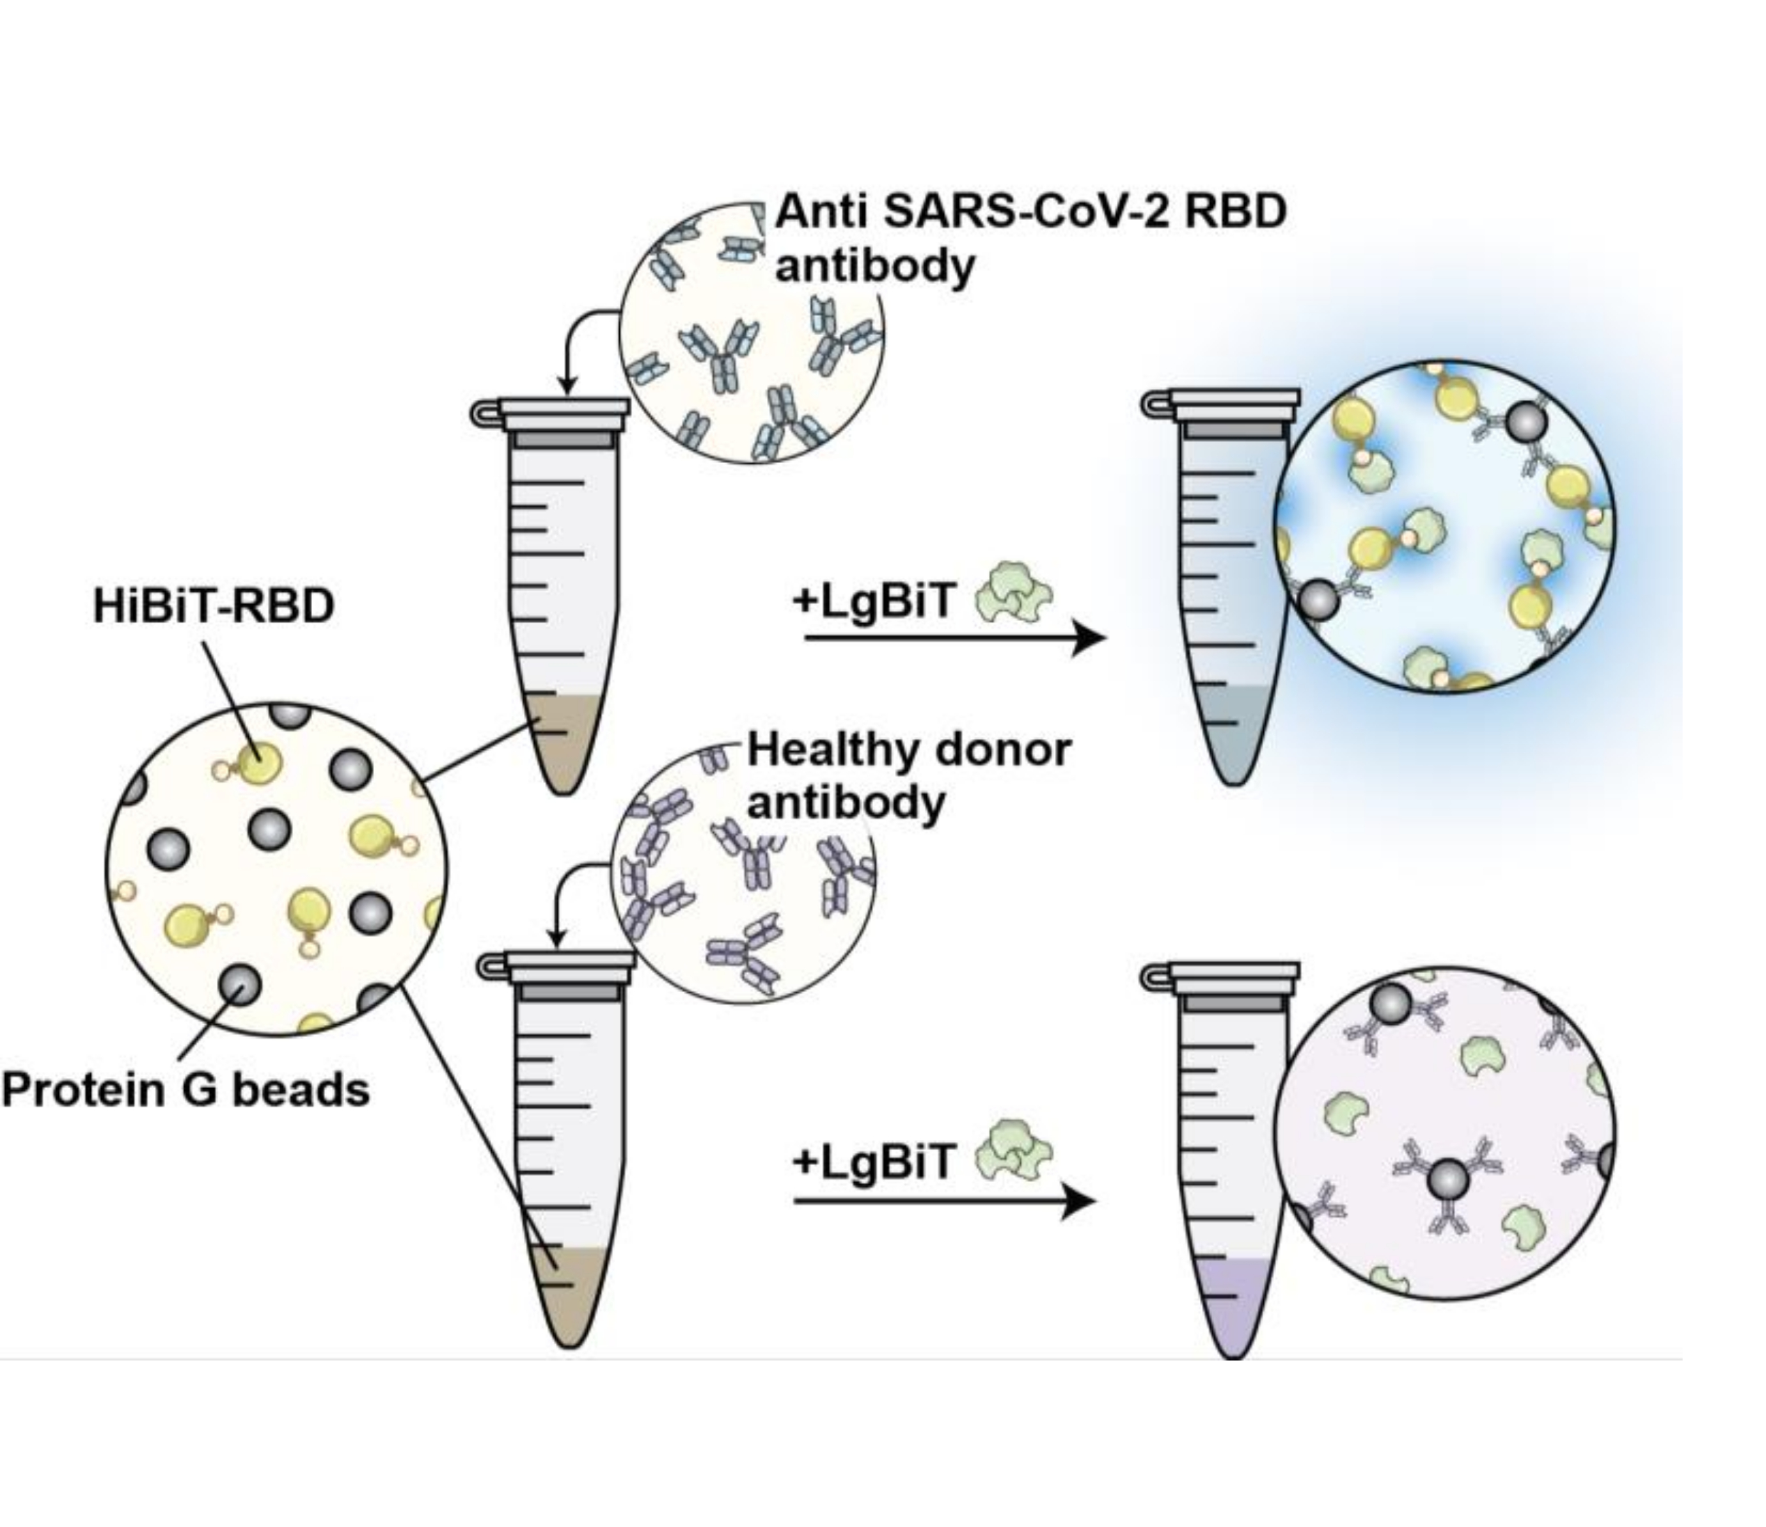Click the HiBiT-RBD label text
pos(214,606)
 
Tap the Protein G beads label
pos(185,1089)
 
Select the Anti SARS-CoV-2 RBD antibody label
pos(1030,239)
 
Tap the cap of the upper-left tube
pos(562,413)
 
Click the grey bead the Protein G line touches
pos(240,985)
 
